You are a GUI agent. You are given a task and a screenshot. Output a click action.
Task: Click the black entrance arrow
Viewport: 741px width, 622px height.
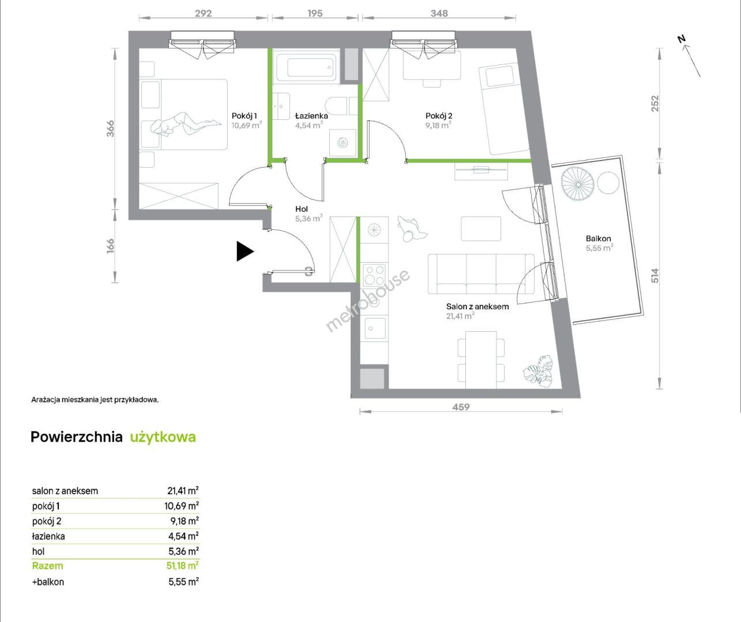[245, 252]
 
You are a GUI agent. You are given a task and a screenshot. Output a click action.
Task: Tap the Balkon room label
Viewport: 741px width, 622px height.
[599, 238]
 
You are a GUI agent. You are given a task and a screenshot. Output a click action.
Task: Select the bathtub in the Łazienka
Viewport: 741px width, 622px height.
[306, 67]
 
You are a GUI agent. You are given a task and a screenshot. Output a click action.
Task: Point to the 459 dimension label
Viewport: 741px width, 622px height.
[461, 407]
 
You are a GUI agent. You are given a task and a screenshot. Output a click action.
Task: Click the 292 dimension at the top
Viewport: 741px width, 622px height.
[204, 13]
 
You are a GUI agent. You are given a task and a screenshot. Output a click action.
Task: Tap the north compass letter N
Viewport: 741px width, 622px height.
[681, 39]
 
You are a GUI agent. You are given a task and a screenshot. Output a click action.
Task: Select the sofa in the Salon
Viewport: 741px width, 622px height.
[481, 274]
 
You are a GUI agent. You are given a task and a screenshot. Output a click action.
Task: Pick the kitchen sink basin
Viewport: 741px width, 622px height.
[375, 328]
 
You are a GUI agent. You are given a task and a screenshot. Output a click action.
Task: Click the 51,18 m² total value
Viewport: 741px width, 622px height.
[182, 566]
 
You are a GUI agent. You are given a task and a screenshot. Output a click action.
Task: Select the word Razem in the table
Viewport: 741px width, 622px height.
[47, 566]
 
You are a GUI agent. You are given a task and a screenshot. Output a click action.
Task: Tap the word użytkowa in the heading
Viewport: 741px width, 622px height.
[163, 437]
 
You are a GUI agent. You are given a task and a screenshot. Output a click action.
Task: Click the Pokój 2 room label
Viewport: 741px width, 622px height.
[439, 116]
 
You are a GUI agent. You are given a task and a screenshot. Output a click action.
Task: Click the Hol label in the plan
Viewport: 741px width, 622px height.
[301, 209]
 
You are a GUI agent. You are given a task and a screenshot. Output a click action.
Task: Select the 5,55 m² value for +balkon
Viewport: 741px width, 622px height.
[183, 582]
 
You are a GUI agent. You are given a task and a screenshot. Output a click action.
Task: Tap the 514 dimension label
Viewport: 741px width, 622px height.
[655, 275]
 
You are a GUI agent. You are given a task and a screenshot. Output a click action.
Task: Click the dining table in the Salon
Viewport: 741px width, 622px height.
[481, 360]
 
